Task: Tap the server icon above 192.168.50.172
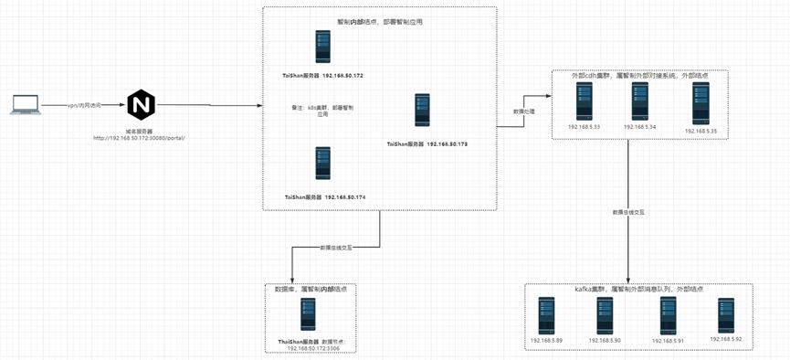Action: click(322, 47)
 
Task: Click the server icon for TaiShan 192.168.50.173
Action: click(422, 111)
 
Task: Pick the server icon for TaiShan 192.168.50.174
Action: click(322, 164)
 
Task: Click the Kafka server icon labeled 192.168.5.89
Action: click(546, 315)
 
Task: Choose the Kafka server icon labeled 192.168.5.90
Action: click(605, 315)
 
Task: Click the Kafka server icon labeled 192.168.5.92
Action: click(726, 315)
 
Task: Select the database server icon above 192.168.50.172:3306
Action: click(309, 314)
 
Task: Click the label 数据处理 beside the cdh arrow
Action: click(511, 111)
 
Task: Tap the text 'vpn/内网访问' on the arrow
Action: click(83, 105)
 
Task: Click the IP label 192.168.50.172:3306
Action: click(313, 348)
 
